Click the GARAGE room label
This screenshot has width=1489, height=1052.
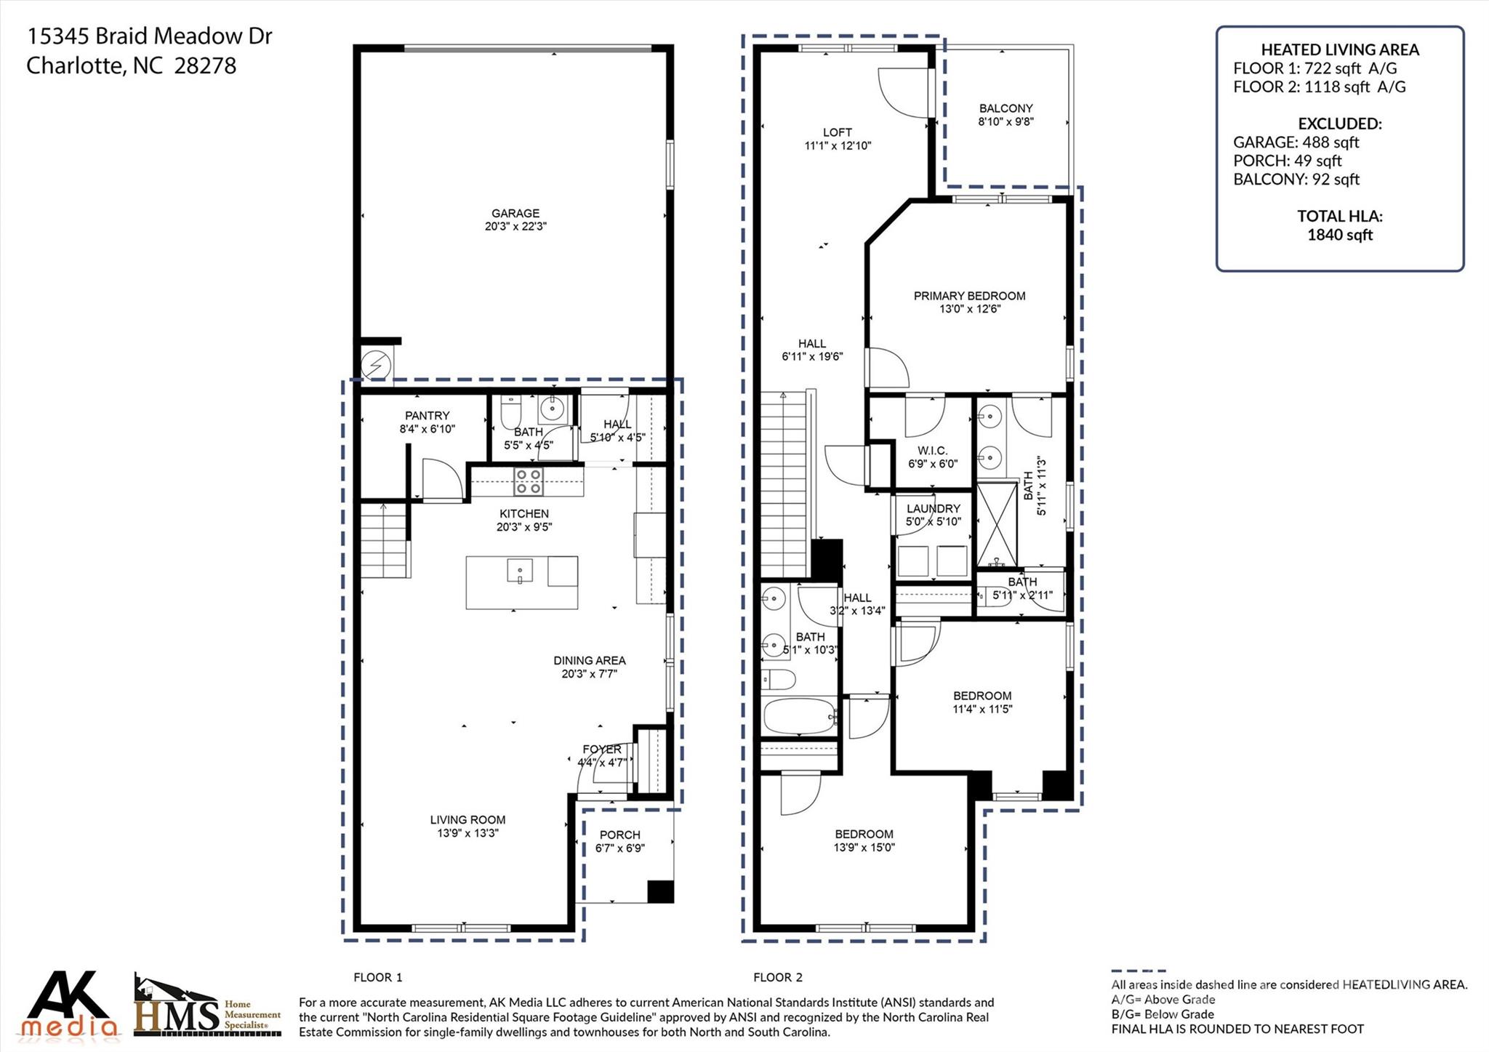(x=515, y=213)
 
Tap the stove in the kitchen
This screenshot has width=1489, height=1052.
(x=529, y=481)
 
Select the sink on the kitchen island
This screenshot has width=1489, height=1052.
(x=520, y=571)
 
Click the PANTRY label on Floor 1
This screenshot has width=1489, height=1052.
(x=428, y=416)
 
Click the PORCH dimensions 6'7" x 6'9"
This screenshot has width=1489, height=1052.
(x=620, y=848)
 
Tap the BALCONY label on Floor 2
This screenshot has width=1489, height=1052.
(x=1006, y=108)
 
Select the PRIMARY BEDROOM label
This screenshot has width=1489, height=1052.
(x=970, y=296)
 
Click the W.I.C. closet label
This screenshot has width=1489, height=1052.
(x=933, y=451)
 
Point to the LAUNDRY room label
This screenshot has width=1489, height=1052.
(x=934, y=509)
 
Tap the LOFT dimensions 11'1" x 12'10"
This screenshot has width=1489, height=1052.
(x=838, y=145)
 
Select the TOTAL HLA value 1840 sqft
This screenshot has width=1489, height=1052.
(x=1340, y=235)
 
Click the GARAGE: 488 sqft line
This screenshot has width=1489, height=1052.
(x=1296, y=142)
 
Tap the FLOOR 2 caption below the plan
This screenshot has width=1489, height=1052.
(x=778, y=978)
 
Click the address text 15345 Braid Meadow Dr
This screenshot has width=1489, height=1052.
(x=149, y=36)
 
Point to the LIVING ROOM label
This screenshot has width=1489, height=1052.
(x=467, y=820)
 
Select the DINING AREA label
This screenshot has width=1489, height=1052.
(x=590, y=661)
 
